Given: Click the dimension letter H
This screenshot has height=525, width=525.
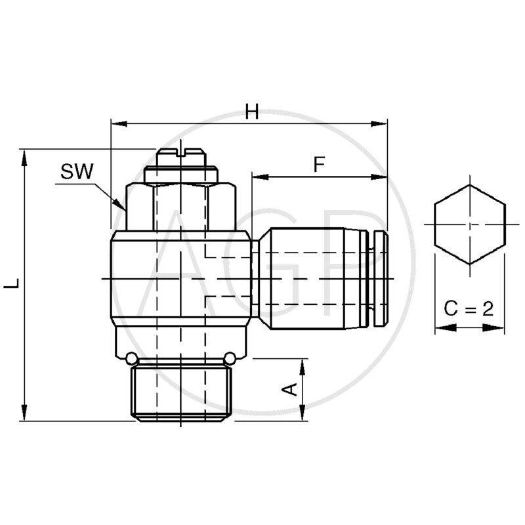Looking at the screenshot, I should (x=251, y=112).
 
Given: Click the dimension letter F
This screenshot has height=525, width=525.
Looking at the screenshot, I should (x=319, y=165).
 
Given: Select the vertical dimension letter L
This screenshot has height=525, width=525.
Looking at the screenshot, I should (x=11, y=285).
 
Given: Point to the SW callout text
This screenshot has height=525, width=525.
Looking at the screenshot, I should (x=77, y=173).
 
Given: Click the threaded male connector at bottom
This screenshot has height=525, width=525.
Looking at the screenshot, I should (x=181, y=392).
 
